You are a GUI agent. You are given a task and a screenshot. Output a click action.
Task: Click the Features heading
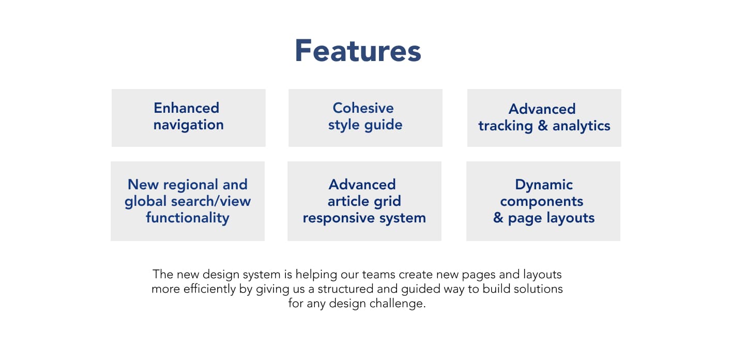(x=358, y=51)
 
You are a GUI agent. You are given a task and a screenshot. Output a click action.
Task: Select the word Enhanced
(x=187, y=108)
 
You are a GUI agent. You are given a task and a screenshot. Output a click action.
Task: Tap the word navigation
(x=189, y=125)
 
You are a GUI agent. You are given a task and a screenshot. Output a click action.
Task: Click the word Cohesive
(x=363, y=108)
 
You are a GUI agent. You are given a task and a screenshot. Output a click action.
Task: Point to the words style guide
(x=365, y=125)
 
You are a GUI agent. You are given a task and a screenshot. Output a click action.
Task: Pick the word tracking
(x=505, y=126)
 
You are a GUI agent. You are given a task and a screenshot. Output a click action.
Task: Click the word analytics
(x=581, y=126)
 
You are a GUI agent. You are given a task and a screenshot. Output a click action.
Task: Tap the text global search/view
(x=188, y=201)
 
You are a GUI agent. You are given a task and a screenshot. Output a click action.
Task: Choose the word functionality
(x=188, y=218)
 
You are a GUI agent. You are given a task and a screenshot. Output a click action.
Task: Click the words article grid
(x=364, y=201)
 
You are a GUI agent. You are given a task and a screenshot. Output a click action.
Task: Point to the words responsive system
(x=364, y=218)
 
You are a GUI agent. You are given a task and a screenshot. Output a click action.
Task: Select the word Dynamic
(x=544, y=185)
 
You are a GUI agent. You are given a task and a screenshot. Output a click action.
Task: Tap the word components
(x=542, y=201)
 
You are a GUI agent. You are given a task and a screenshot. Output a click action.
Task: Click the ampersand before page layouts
(x=498, y=218)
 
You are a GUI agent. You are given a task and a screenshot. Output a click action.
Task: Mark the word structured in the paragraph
(x=345, y=289)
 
